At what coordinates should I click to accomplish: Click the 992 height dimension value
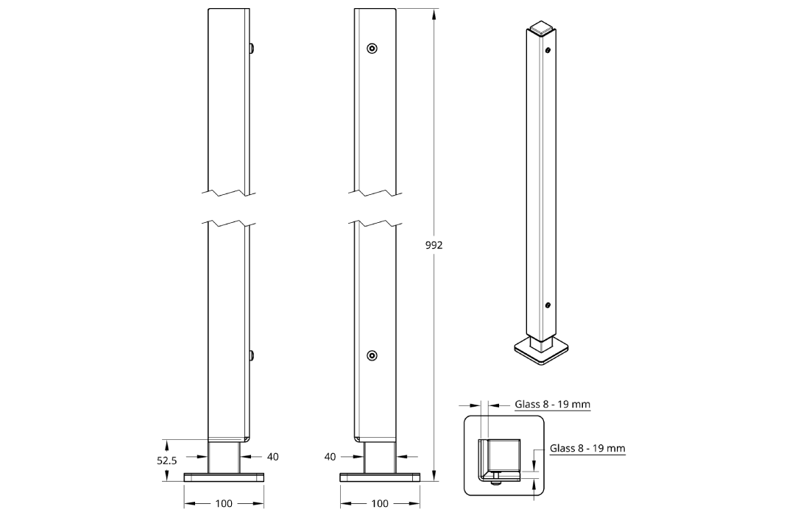(x=434, y=245)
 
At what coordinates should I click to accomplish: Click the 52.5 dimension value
(x=167, y=461)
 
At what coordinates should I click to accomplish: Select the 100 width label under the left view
(x=224, y=503)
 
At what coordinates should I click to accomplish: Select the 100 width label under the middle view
(x=380, y=503)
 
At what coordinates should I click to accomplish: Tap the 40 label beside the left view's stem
(x=273, y=457)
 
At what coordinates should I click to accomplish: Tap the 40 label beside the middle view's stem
(x=330, y=457)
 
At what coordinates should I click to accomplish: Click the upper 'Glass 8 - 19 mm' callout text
(x=553, y=404)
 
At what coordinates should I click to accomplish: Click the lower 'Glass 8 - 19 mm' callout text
(x=587, y=448)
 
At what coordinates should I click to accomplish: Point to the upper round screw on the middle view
(x=372, y=49)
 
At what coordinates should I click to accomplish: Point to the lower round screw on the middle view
(x=372, y=355)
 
